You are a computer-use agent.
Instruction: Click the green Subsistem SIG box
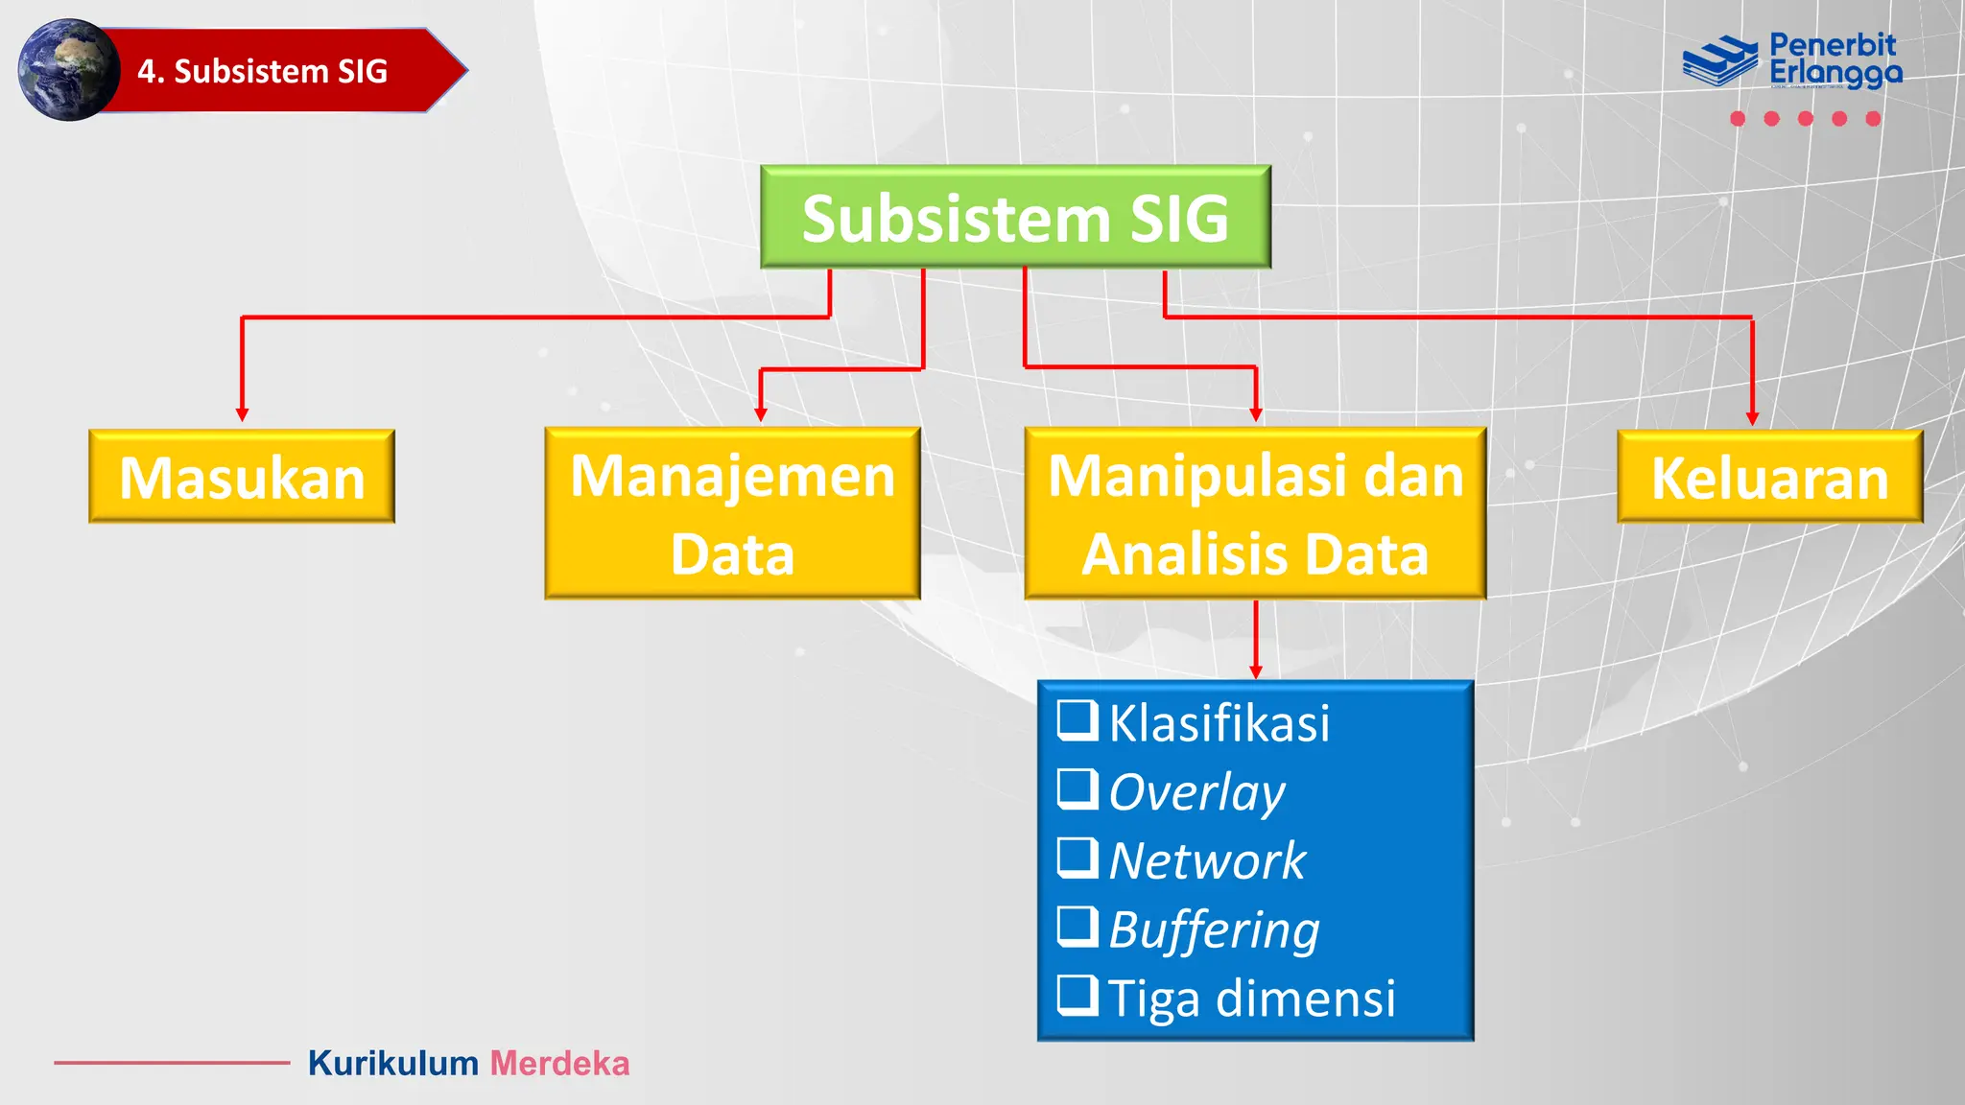[x=1015, y=218]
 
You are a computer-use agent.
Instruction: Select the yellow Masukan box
[x=242, y=477]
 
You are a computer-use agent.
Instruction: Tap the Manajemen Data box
[x=732, y=514]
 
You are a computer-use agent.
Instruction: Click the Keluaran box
[x=1769, y=478]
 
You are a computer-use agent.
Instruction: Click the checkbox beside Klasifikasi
[x=1077, y=720]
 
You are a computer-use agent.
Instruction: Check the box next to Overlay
[x=1077, y=789]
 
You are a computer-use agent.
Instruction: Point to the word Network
[x=1207, y=860]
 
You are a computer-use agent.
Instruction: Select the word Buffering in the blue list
[x=1214, y=929]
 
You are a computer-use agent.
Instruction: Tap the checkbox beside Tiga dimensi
[x=1077, y=996]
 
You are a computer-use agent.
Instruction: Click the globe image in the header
[x=67, y=70]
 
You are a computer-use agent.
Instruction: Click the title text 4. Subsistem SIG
[x=262, y=71]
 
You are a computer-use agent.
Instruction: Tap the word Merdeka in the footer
[x=559, y=1064]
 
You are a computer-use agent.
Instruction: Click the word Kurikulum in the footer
[x=392, y=1064]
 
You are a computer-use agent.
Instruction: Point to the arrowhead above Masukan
[x=242, y=414]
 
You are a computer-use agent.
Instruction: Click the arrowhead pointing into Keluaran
[x=1752, y=418]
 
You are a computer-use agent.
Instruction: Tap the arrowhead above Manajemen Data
[x=761, y=414]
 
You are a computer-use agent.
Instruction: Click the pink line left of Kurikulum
[x=172, y=1063]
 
